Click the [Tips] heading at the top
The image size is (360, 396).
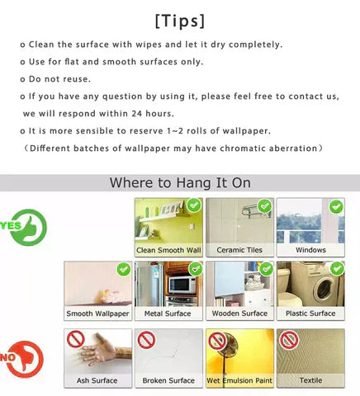180,19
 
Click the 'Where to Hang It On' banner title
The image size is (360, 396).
180,182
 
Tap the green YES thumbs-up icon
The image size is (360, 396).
26,225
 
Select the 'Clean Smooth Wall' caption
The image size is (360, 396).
168,250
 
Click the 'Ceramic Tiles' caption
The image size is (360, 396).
239,250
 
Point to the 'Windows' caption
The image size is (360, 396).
310,250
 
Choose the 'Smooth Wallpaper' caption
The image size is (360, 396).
98,313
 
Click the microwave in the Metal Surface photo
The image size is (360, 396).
181,285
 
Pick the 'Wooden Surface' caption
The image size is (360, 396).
239,313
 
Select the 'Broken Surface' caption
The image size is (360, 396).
168,380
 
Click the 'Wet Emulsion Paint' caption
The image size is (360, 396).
239,380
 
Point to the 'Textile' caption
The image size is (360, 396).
310,380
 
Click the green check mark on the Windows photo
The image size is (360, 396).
335,206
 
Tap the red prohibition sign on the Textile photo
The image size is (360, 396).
288,339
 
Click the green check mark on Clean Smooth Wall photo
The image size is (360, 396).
193,205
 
